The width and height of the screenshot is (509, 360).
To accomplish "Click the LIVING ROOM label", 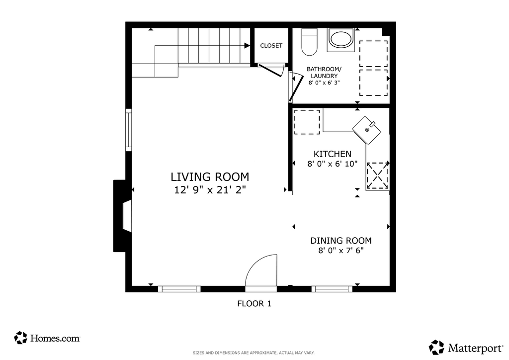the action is pyautogui.click(x=210, y=177).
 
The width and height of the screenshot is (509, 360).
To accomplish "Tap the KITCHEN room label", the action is pyautogui.click(x=333, y=154).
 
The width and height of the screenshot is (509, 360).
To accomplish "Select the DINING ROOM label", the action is pyautogui.click(x=341, y=241).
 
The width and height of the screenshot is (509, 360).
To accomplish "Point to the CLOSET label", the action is pyautogui.click(x=271, y=46).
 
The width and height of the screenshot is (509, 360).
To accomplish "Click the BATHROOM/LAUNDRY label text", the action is pyautogui.click(x=324, y=73).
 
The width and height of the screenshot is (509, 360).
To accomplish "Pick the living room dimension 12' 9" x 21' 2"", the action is pyautogui.click(x=210, y=190).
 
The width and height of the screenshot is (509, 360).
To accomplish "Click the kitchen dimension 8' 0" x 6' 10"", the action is pyautogui.click(x=333, y=164).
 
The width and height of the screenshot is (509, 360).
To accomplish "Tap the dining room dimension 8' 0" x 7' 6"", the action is pyautogui.click(x=341, y=251).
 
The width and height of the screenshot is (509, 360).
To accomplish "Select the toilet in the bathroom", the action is pyautogui.click(x=309, y=42).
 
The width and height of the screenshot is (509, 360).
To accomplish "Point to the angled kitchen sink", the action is pyautogui.click(x=367, y=130).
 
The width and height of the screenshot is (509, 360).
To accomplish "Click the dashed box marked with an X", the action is pyautogui.click(x=378, y=176).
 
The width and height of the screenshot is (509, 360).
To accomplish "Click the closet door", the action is pyautogui.click(x=270, y=70).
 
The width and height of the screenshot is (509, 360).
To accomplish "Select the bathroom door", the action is pyautogui.click(x=295, y=87).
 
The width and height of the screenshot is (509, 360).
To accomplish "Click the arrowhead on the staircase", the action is pyautogui.click(x=247, y=46).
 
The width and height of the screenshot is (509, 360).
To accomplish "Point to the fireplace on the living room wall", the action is pyautogui.click(x=122, y=216).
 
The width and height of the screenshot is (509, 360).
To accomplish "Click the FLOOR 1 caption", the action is pyautogui.click(x=254, y=304).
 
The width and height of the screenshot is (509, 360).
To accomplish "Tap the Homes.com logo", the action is pyautogui.click(x=47, y=338).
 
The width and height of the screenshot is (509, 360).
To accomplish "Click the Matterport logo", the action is pyautogui.click(x=466, y=348).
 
